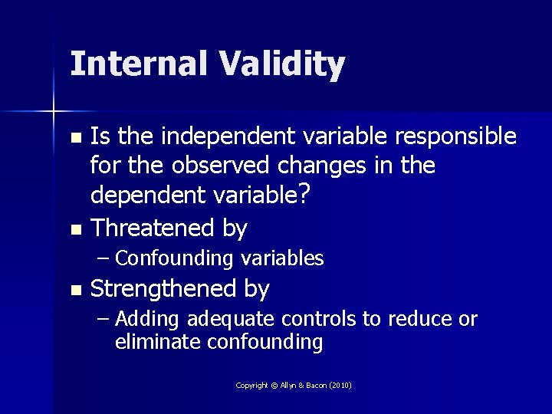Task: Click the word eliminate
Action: click(x=158, y=342)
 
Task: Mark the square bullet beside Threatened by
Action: click(x=74, y=229)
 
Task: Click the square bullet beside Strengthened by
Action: click(x=74, y=291)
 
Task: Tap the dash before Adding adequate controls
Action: click(x=104, y=318)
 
